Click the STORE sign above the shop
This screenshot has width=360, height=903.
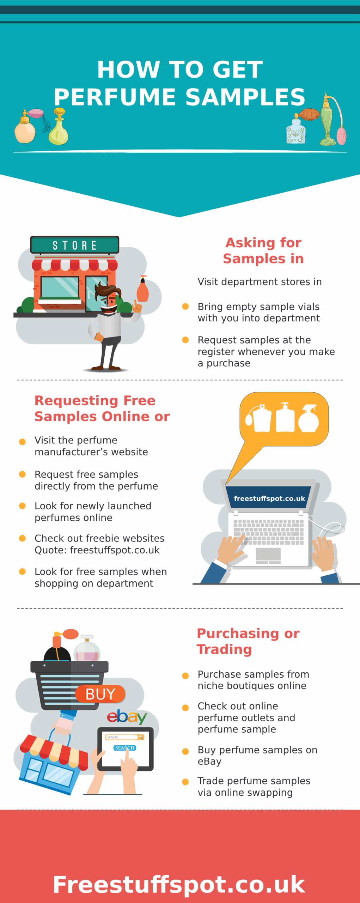74,245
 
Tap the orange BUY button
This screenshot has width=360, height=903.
100,694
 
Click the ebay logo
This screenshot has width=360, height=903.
127,717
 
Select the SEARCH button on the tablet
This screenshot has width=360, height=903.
124,748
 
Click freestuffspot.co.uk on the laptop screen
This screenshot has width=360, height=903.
269,498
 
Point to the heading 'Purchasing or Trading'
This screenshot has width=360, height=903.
248,641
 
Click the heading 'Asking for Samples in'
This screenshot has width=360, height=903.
263,250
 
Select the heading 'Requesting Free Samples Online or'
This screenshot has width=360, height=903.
102,408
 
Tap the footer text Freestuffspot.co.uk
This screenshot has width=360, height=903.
179,885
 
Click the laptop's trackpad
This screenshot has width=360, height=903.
268,554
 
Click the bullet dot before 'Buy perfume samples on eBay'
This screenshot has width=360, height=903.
185,751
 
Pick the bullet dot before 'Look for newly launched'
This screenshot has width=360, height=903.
22,506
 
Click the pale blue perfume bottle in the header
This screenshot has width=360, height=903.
295,131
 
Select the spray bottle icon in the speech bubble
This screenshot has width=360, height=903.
309,418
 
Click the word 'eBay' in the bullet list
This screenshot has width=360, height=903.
209,762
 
